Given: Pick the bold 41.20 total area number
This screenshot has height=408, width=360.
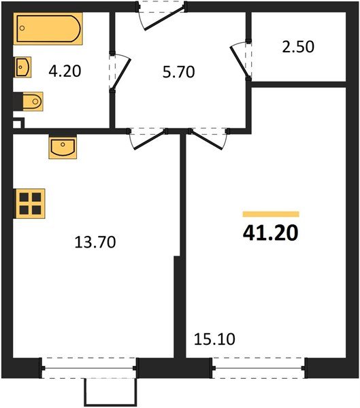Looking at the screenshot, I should click(x=270, y=233).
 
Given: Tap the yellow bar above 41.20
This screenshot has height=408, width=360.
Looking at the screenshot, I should click(x=270, y=214).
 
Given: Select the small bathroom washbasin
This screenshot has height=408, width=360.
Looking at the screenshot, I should click(x=22, y=67).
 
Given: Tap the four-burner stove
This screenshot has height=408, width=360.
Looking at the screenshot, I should click(x=31, y=203).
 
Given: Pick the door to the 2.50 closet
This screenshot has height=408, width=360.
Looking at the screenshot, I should click(x=240, y=60).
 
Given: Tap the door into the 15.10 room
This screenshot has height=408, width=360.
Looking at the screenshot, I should click(x=208, y=139).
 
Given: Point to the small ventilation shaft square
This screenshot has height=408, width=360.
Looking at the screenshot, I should click(x=19, y=124).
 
